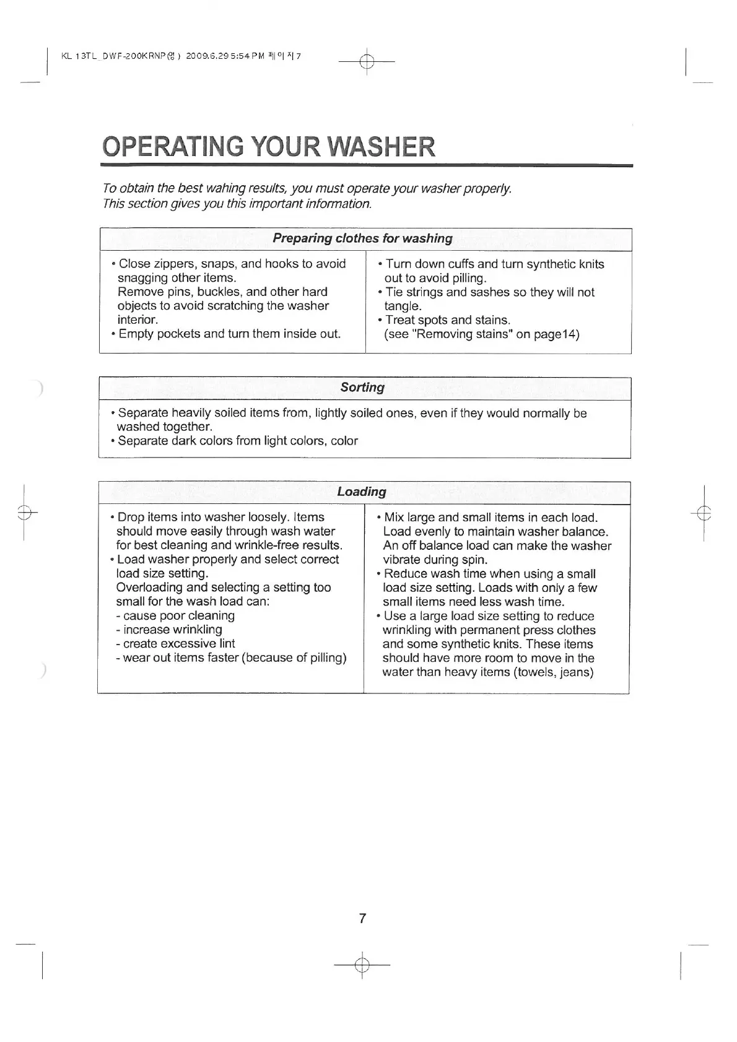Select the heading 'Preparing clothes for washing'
(x=362, y=238)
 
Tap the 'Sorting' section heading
(x=362, y=388)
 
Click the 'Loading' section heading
(x=362, y=492)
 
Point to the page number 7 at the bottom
(x=362, y=918)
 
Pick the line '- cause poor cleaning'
(x=175, y=616)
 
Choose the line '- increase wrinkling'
(x=168, y=630)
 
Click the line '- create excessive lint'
(x=175, y=644)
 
